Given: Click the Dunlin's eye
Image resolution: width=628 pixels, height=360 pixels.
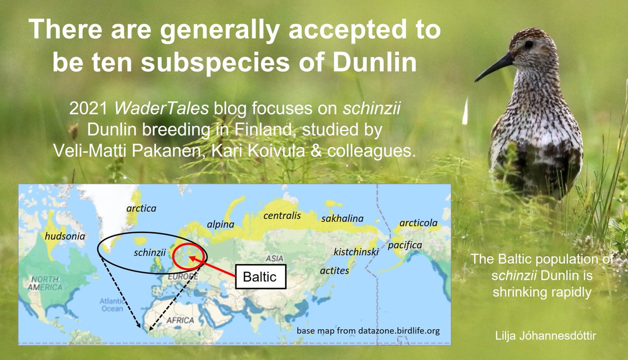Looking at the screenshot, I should coord(529,44).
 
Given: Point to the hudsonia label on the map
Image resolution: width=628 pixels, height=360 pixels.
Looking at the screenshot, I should coord(65,236).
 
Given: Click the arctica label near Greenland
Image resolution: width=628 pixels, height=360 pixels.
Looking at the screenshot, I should coord(141,208).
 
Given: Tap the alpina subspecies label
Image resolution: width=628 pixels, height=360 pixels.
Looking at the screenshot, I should coord(220,225).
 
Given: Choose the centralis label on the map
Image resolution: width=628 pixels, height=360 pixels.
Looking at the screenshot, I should coord(282,215).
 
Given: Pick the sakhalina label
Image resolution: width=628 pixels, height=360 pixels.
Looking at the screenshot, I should coord(342,218).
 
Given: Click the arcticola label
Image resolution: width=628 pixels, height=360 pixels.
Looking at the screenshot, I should coord(418,223).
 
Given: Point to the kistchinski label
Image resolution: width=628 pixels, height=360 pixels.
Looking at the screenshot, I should coord(356,253).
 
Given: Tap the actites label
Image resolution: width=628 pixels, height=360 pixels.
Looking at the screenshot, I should coord(334,271).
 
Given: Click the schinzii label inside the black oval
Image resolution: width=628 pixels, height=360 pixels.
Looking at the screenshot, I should coord(150,252).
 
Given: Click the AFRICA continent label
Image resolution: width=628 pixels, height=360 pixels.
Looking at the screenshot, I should coord(180,320).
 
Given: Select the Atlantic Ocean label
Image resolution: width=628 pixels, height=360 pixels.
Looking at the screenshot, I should coord(111,304).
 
